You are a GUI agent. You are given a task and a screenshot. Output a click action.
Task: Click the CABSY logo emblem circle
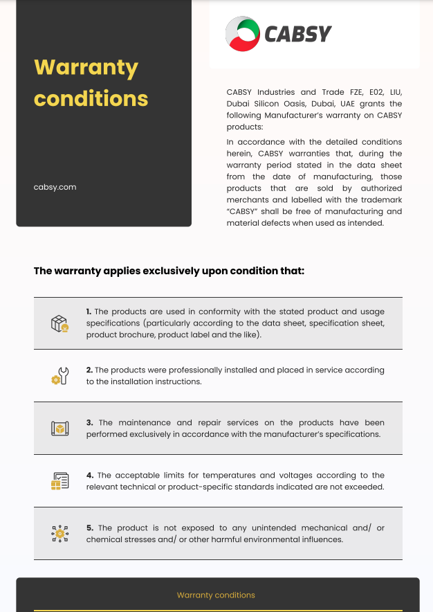tap(242, 34)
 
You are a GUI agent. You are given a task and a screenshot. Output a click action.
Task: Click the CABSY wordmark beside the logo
tap(298, 34)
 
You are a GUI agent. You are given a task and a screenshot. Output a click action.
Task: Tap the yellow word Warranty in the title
tap(86, 68)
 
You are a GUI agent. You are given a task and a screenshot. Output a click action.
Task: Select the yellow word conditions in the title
tap(91, 98)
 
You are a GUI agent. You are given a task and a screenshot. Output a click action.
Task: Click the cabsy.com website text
tap(55, 187)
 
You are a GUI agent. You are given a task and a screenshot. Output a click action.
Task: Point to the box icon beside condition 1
tap(59, 323)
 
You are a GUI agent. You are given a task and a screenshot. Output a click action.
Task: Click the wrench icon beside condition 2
tap(59, 376)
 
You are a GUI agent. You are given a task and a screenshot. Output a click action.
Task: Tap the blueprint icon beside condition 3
tap(59, 429)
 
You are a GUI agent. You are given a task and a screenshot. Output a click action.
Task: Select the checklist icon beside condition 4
tap(59, 481)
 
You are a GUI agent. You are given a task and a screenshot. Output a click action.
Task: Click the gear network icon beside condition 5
tap(59, 533)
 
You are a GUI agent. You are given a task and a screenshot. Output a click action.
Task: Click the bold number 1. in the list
tap(89, 312)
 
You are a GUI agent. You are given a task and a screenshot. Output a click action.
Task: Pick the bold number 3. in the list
tap(90, 422)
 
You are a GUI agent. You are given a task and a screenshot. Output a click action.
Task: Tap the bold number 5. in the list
tap(90, 528)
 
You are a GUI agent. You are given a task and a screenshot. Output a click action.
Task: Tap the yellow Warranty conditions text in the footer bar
tap(216, 595)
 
